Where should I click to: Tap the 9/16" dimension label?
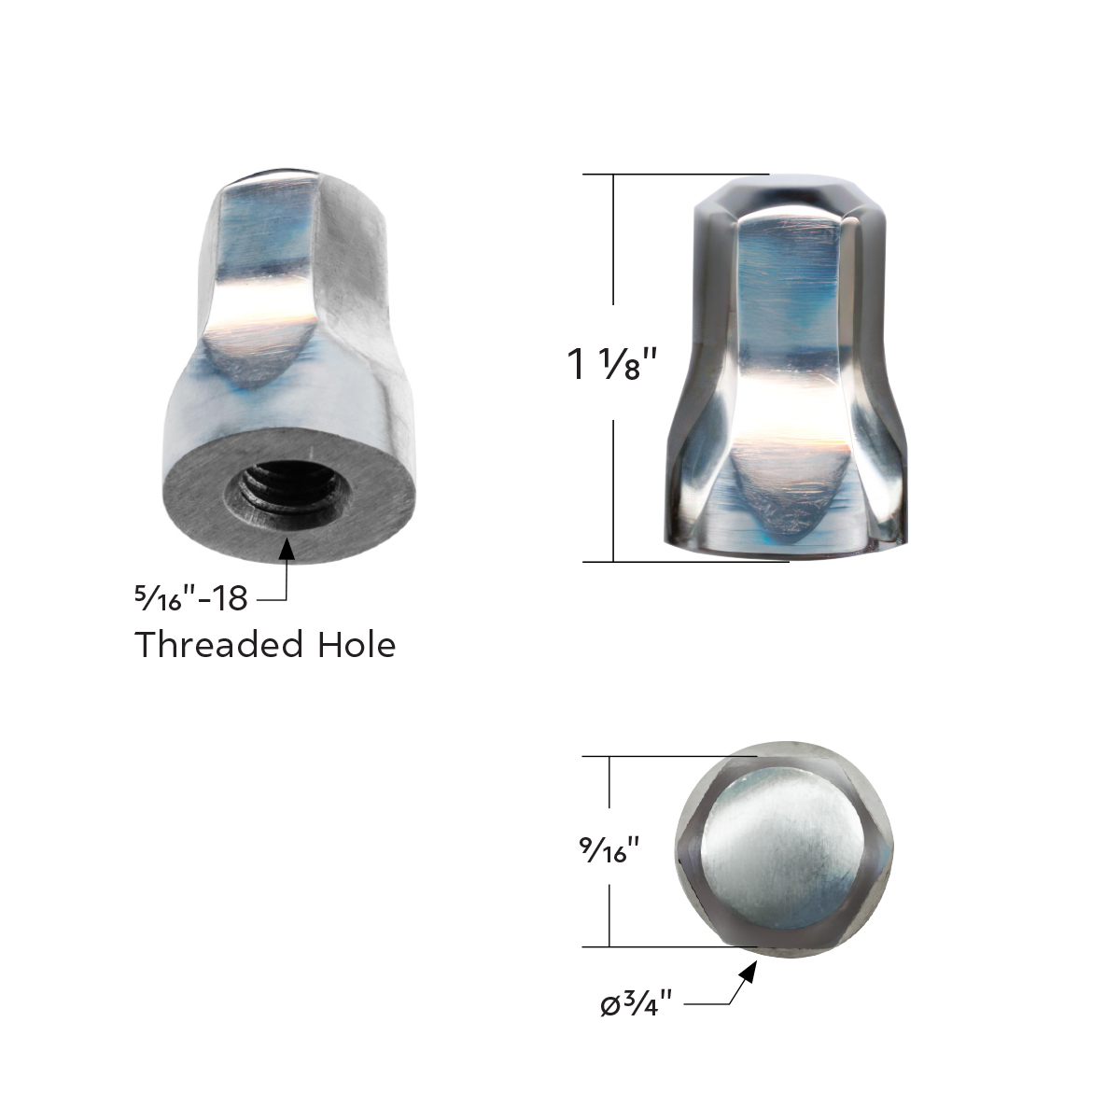pos(609,851)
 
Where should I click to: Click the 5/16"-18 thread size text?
pos(190,597)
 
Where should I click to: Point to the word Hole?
pos(358,645)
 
